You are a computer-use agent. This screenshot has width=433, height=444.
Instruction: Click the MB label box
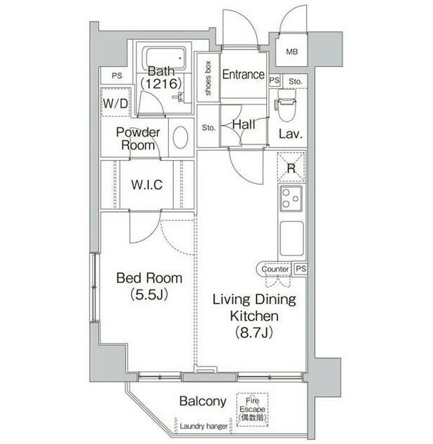pyautogui.click(x=293, y=51)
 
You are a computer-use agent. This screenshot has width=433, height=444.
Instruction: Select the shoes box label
pyautogui.click(x=208, y=79)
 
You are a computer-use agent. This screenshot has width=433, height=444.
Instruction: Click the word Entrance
pyautogui.click(x=243, y=75)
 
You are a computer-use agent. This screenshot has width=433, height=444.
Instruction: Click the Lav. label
pyautogui.click(x=291, y=134)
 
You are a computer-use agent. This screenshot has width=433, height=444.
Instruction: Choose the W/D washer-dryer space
pyautogui.click(x=115, y=104)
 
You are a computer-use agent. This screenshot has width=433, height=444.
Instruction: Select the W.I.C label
pyautogui.click(x=147, y=184)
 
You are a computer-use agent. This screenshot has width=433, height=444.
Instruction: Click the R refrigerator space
pyautogui.click(x=291, y=169)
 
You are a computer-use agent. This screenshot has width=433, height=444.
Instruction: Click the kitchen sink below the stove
pyautogui.click(x=291, y=237)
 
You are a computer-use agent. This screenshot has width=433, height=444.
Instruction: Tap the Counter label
pyautogui.click(x=275, y=270)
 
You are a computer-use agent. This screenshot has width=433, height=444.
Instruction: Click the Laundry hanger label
pyautogui.click(x=204, y=426)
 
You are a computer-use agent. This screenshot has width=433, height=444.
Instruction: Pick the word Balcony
pyautogui.click(x=202, y=401)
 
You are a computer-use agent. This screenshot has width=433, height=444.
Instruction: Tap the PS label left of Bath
pyautogui.click(x=115, y=75)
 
